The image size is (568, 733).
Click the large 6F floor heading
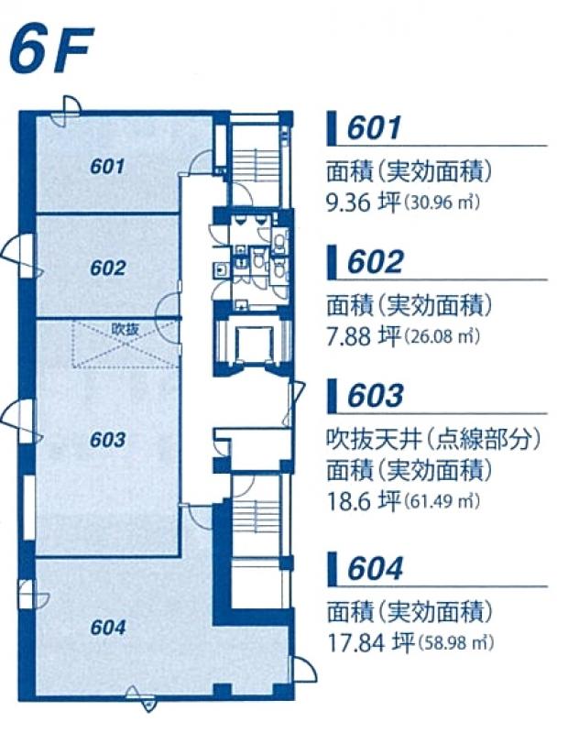(51, 50)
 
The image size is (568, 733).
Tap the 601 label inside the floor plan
(107, 167)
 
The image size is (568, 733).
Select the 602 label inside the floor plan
(108, 268)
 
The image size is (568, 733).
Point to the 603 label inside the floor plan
(108, 440)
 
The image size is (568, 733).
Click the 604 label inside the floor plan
(108, 628)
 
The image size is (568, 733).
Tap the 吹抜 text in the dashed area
(125, 329)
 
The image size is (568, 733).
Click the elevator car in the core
(254, 345)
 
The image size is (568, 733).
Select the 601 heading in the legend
(374, 127)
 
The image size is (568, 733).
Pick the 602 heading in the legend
(375, 261)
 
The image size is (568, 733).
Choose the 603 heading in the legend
(375, 395)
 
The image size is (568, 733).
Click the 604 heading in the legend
(375, 568)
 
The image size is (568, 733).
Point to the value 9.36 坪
(363, 203)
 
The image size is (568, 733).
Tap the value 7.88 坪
(363, 336)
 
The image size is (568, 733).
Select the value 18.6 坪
(363, 501)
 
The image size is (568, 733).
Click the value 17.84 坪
(370, 642)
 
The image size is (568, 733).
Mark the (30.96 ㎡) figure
(442, 203)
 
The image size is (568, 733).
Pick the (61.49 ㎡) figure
(442, 502)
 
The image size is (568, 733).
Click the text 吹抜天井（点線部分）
(433, 440)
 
